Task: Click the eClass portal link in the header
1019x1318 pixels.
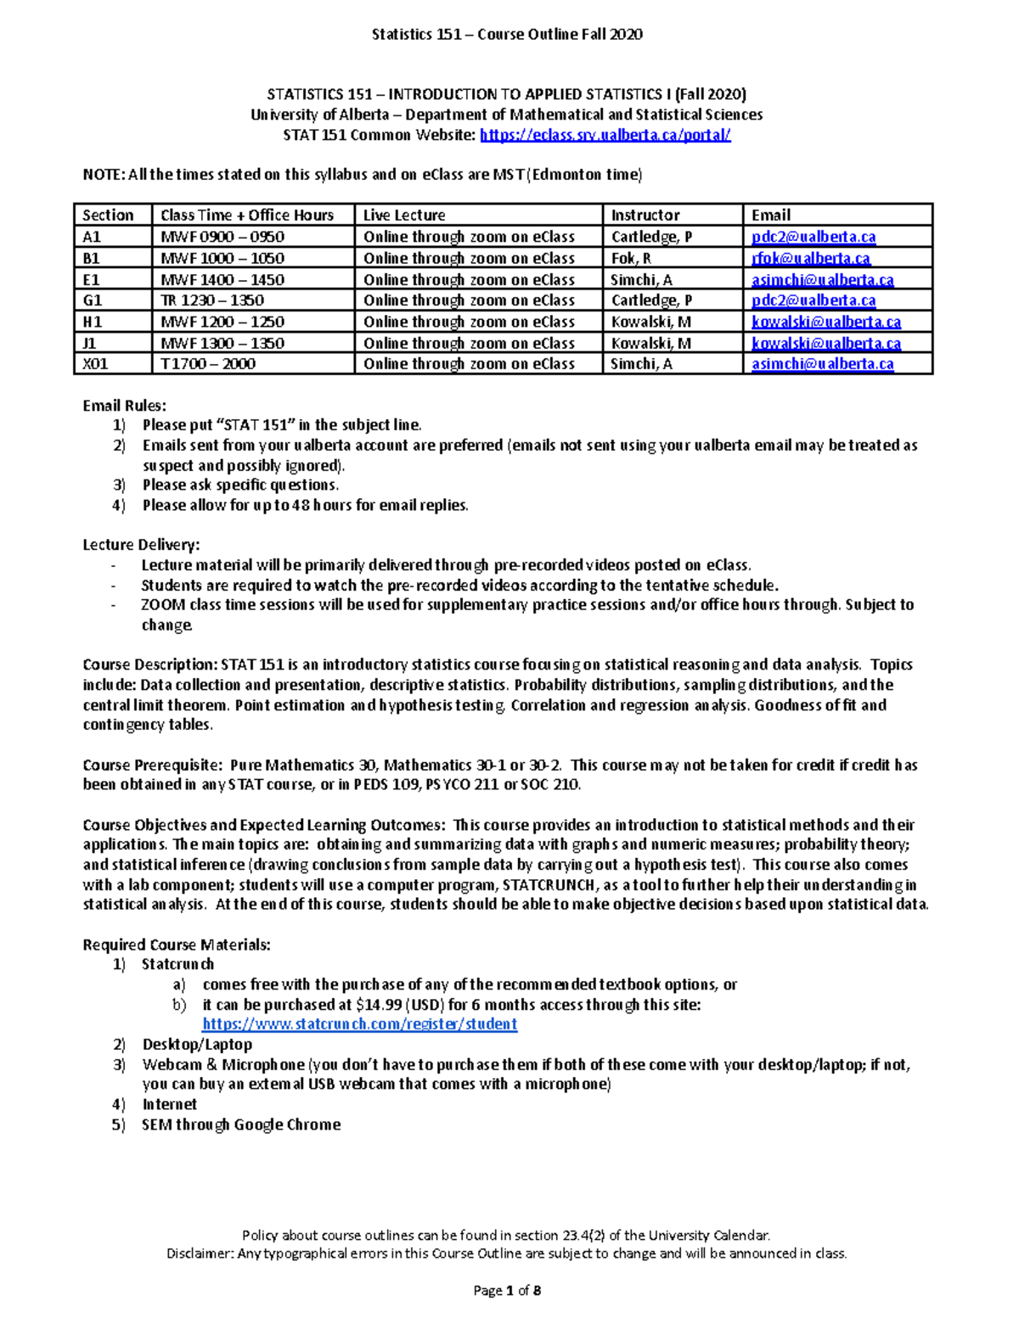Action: coord(605,135)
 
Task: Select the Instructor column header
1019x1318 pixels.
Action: coord(645,215)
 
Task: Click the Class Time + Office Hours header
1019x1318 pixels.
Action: coord(246,215)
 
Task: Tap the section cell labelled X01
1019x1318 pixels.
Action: coord(95,363)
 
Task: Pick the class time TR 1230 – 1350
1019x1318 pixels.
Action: coord(212,300)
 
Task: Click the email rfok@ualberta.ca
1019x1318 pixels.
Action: coord(810,258)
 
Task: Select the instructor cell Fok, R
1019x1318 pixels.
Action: coord(631,258)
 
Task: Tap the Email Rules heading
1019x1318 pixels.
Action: coord(124,406)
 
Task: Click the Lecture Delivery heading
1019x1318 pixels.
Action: coord(141,545)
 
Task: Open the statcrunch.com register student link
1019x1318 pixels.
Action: coord(359,1024)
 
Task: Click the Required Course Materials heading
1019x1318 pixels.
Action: coord(177,945)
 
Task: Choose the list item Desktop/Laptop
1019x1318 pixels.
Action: coord(197,1045)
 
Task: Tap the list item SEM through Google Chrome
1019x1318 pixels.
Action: coord(241,1125)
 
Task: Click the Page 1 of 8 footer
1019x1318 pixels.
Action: coord(507,1291)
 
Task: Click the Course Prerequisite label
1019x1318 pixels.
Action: coord(151,765)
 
